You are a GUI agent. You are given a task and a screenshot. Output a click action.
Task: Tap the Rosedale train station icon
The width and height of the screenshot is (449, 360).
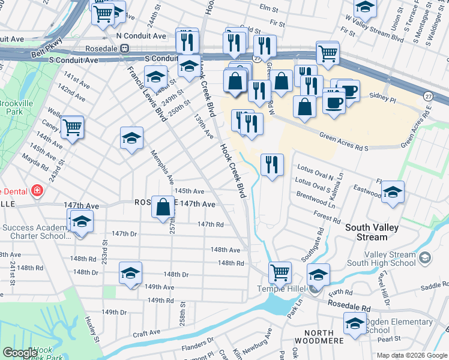point(125,48)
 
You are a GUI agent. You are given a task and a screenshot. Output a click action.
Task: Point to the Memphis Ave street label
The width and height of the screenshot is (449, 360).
point(163,167)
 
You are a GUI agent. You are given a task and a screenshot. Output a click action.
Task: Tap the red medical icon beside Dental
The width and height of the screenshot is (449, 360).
point(38,191)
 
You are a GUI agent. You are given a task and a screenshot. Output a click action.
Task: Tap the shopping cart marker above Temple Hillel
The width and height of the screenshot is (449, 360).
point(280,273)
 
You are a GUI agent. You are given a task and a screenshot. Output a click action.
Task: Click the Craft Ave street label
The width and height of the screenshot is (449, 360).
point(146,332)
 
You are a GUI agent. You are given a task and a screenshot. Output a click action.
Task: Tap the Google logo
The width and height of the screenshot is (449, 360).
point(19,353)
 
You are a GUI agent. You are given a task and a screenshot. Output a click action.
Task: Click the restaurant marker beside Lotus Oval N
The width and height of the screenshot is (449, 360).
point(272,165)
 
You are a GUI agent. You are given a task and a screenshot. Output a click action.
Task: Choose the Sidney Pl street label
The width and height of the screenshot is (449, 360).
point(379,96)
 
